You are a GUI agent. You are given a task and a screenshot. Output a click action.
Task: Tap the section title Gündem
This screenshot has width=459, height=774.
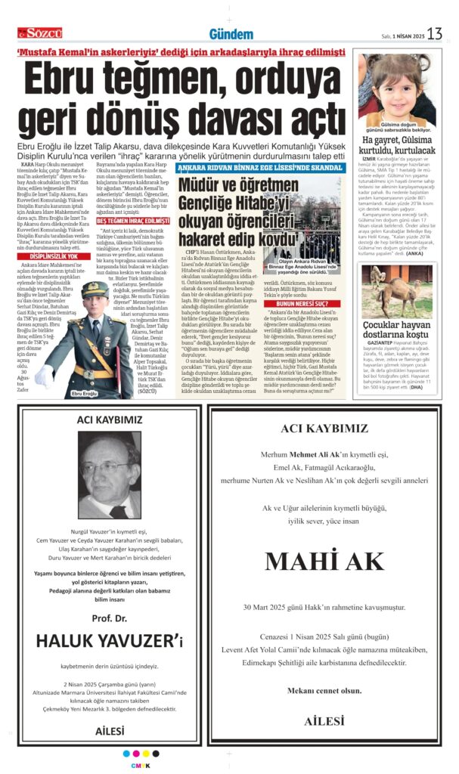(231, 34)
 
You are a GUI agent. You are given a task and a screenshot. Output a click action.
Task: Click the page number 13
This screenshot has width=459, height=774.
(435, 33)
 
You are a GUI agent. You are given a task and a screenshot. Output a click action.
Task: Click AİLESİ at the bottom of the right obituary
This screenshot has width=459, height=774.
(324, 721)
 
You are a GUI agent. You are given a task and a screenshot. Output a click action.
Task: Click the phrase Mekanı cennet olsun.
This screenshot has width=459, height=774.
(324, 691)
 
